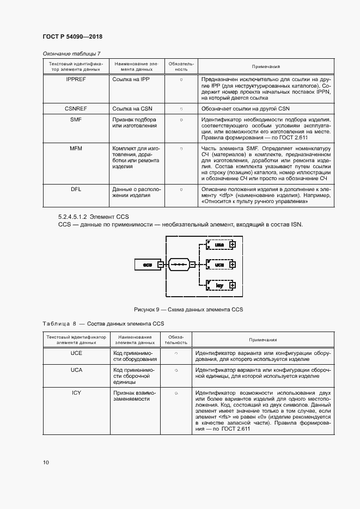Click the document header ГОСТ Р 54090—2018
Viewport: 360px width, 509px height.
point(72,36)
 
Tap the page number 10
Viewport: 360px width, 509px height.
point(46,462)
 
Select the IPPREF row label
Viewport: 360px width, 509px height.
point(76,79)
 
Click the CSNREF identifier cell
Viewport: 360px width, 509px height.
point(76,109)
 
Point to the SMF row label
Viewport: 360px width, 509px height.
point(76,120)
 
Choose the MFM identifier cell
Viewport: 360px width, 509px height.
point(76,149)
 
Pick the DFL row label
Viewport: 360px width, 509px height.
point(76,189)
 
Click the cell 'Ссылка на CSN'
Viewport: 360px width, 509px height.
point(131,109)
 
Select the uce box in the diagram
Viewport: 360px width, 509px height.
point(219,245)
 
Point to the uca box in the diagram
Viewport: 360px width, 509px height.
point(219,265)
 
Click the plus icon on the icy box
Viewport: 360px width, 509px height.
point(233,285)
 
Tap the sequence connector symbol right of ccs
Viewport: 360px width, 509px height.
point(181,265)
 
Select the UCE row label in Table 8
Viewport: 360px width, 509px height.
point(76,353)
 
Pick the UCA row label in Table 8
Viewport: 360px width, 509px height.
point(76,370)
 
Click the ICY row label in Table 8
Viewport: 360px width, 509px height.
point(76,393)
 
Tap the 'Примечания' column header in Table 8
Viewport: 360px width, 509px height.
point(263,340)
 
